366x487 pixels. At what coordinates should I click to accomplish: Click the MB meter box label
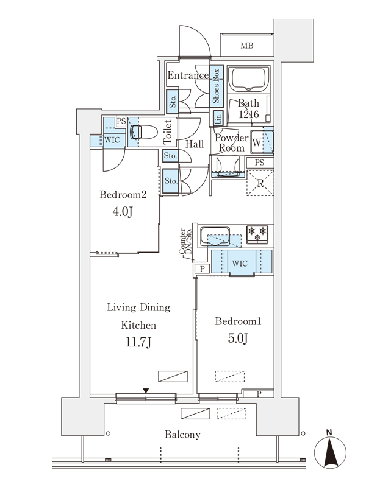247,46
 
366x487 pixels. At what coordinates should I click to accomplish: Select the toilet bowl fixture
144,132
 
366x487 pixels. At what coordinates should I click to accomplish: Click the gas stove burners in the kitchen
257,234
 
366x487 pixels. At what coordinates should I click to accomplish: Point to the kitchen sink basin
215,236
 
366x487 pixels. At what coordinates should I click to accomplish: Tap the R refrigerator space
260,183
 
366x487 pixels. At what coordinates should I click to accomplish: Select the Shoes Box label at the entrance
216,86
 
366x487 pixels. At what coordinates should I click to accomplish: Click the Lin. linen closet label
218,118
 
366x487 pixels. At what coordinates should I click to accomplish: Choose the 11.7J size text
138,342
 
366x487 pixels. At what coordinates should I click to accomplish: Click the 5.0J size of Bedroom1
238,338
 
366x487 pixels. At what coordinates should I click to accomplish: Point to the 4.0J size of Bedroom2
123,212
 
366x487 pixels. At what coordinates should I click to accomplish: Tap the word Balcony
182,435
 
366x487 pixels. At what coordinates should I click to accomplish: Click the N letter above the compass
329,432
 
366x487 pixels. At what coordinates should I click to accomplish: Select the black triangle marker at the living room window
146,391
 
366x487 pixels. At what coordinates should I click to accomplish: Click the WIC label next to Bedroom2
112,140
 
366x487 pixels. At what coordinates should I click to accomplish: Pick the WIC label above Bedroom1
240,264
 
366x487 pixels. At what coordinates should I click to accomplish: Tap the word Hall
195,144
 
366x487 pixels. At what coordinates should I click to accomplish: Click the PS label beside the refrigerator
259,163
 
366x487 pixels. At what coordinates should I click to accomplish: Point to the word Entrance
188,75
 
